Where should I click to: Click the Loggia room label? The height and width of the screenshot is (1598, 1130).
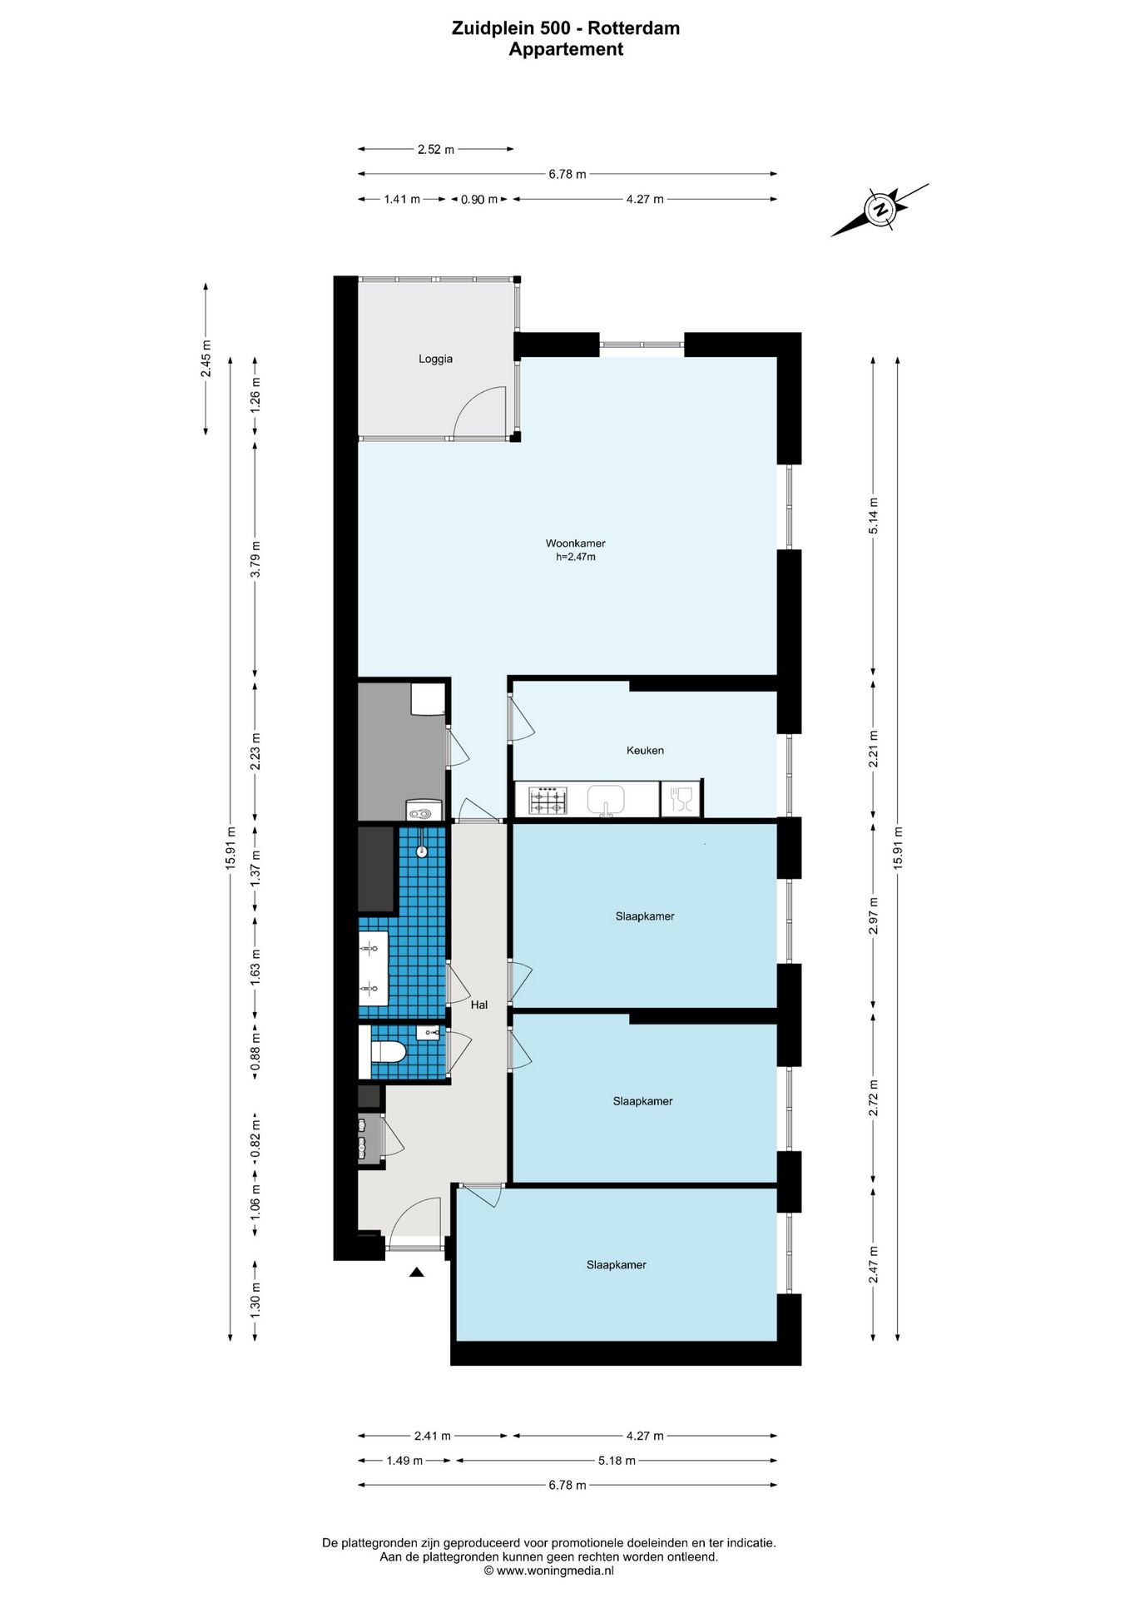click(435, 359)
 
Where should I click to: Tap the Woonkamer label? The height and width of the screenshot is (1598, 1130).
click(575, 543)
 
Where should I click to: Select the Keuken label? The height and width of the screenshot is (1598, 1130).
click(645, 750)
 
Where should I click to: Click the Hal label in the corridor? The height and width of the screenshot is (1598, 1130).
click(479, 1005)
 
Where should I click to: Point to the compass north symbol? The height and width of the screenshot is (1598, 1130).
click(880, 210)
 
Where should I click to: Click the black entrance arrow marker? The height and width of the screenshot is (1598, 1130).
click(417, 1272)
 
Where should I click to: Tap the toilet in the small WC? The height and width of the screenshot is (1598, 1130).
click(388, 1052)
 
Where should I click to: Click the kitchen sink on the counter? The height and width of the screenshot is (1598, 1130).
click(606, 801)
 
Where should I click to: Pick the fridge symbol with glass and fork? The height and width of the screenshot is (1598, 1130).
click(681, 800)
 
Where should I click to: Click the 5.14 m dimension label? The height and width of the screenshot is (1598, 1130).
click(873, 516)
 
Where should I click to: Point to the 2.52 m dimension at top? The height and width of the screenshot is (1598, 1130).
click(436, 150)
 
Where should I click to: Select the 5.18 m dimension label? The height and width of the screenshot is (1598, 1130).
click(617, 1461)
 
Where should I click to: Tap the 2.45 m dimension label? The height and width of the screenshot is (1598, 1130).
click(206, 359)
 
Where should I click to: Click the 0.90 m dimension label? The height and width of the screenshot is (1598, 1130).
click(479, 200)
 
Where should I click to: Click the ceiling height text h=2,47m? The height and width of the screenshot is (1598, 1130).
click(575, 557)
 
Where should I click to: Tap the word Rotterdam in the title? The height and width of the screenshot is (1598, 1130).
click(634, 28)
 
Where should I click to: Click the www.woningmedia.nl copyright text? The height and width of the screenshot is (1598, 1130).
click(549, 1571)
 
